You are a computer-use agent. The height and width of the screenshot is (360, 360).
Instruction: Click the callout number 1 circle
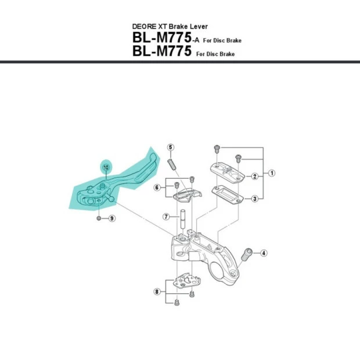tap(272, 173)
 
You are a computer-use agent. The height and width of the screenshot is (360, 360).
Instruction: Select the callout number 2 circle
tap(254, 176)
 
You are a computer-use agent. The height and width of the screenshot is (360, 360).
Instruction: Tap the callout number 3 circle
tap(254, 199)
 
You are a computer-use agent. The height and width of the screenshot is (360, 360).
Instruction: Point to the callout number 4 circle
tap(263, 253)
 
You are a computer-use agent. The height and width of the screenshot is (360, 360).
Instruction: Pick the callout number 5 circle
tap(171, 147)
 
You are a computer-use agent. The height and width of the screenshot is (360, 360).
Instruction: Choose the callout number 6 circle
tap(157, 188)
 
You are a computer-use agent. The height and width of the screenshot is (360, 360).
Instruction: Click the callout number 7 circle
tap(165, 217)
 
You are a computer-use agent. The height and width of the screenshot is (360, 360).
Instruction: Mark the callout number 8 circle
tap(157, 291)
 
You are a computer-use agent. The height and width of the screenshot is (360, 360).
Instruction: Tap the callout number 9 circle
tap(112, 218)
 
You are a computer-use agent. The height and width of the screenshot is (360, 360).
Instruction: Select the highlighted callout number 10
tap(106, 167)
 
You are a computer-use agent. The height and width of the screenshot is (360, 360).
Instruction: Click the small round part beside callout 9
tap(99, 218)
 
